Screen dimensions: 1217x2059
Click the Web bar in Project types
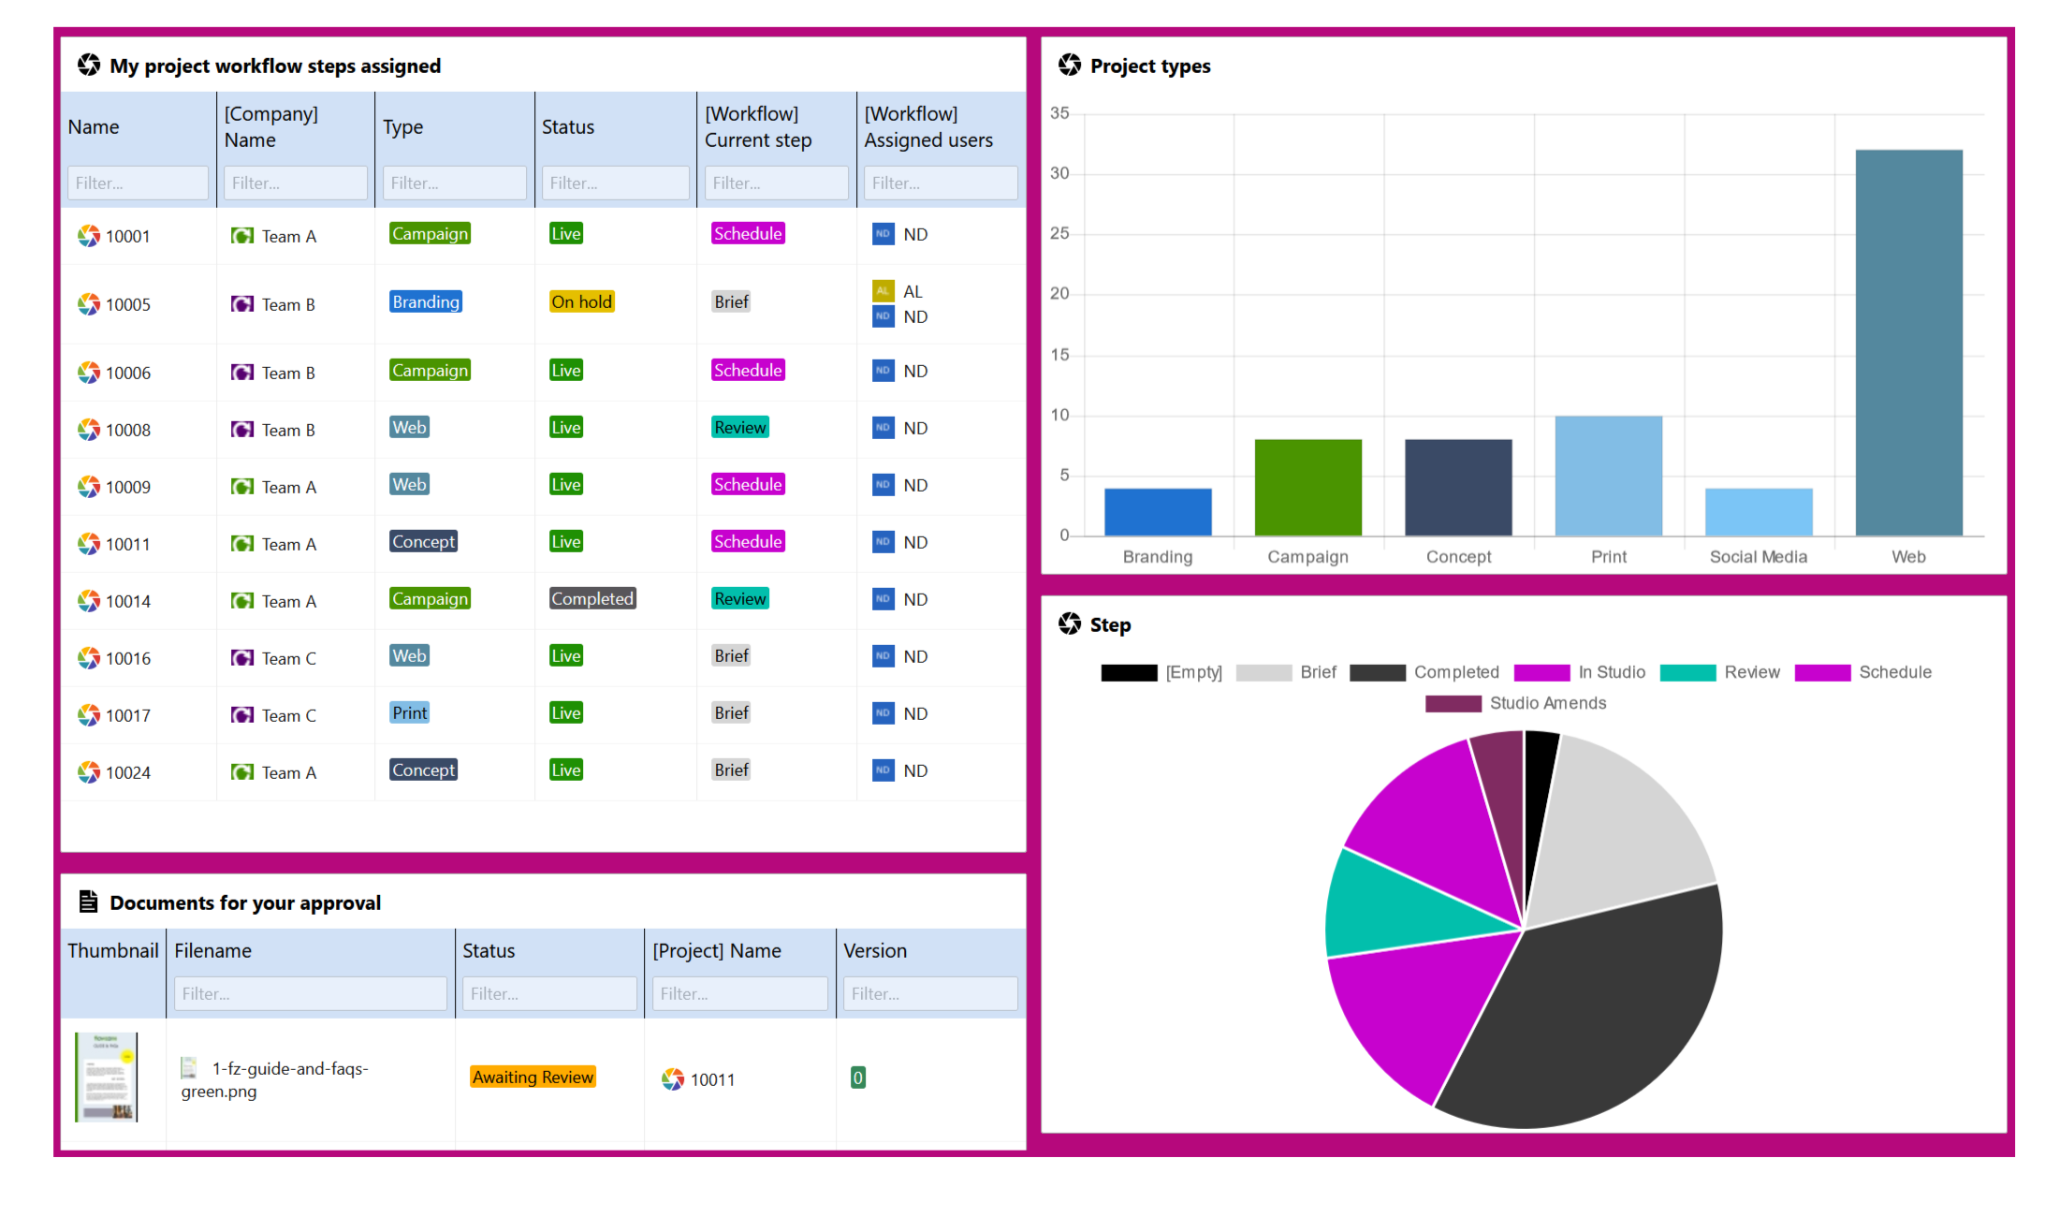(1908, 343)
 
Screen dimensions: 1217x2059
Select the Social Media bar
(1759, 512)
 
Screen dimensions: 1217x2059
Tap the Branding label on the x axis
(1158, 557)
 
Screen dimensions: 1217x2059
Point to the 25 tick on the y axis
(1059, 233)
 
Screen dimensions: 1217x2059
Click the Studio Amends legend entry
(1516, 703)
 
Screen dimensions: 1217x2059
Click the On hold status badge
(581, 302)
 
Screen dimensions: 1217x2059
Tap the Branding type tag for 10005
(426, 302)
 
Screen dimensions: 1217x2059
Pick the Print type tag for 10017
(410, 713)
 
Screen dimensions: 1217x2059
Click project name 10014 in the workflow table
(127, 601)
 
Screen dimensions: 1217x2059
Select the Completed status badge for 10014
(592, 599)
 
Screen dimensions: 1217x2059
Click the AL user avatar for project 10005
(883, 291)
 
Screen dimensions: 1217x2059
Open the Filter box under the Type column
(454, 183)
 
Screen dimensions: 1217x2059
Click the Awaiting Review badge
(533, 1078)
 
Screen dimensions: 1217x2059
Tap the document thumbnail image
(107, 1078)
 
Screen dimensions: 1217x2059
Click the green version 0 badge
(857, 1078)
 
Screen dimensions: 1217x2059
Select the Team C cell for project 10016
(288, 659)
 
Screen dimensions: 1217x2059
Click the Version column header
(875, 951)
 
